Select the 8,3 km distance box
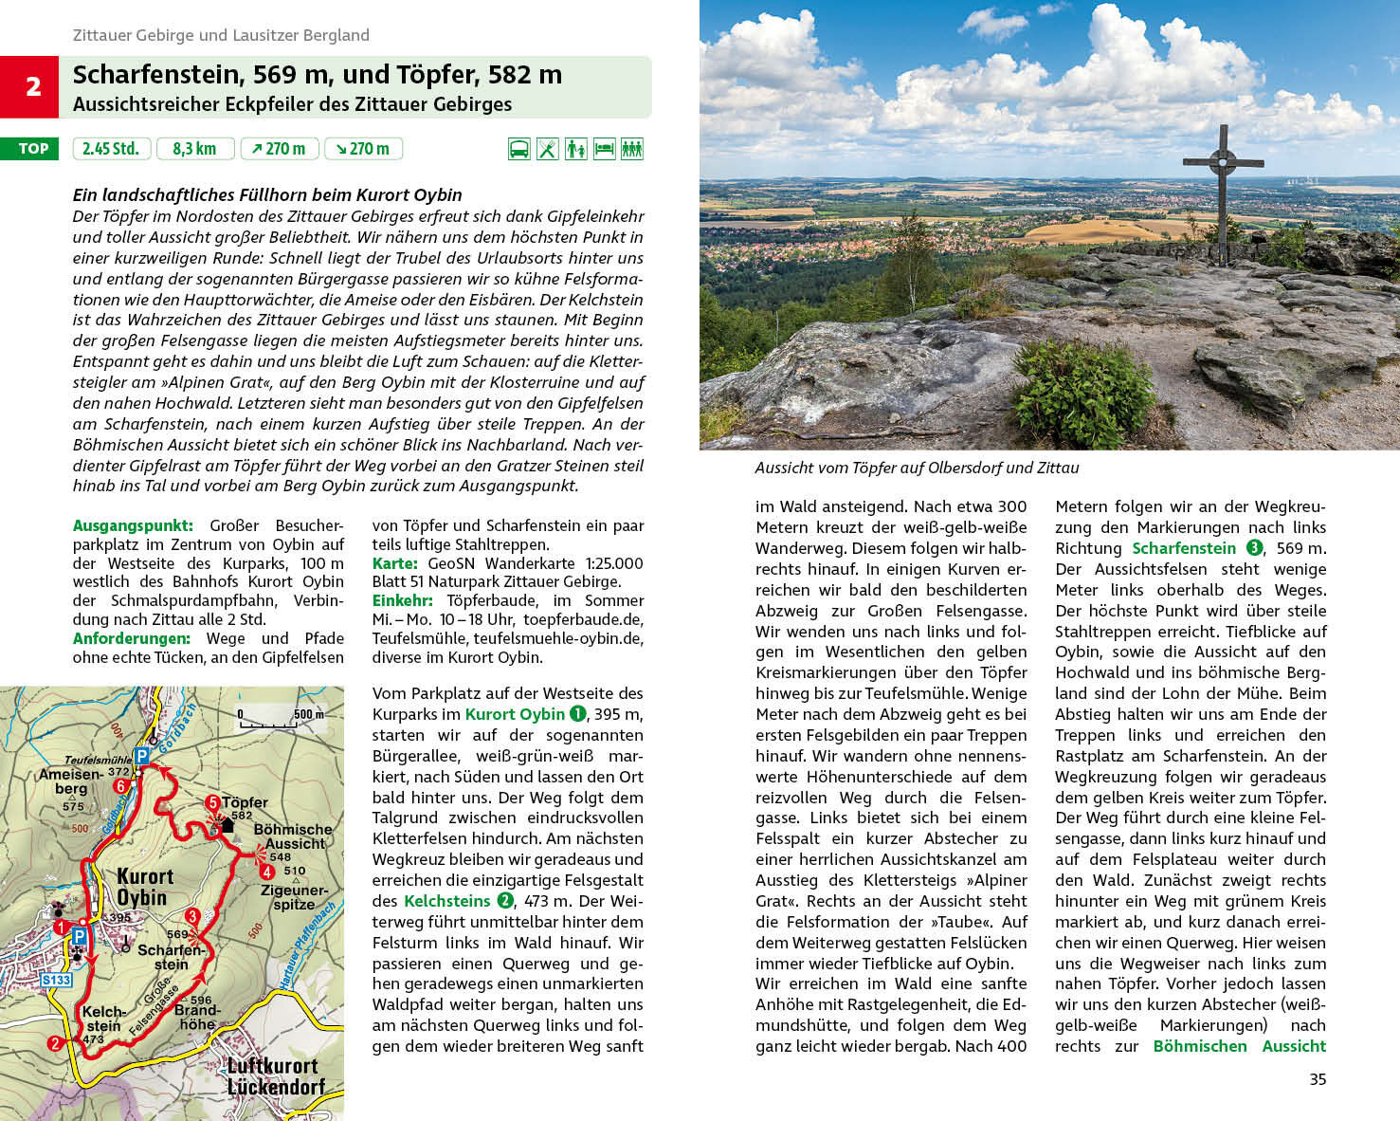click(194, 149)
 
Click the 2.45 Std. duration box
click(111, 149)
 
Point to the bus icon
click(518, 149)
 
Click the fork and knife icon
click(548, 149)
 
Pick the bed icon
click(604, 149)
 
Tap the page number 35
click(1318, 1079)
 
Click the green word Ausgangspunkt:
click(133, 525)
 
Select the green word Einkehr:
click(402, 600)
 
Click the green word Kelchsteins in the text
click(446, 901)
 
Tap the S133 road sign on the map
click(56, 980)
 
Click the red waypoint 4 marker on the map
click(267, 872)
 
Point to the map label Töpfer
click(245, 802)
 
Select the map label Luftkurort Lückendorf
click(275, 1075)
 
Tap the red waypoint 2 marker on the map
click(55, 1043)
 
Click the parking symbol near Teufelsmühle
click(141, 756)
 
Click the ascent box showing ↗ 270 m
click(280, 149)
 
